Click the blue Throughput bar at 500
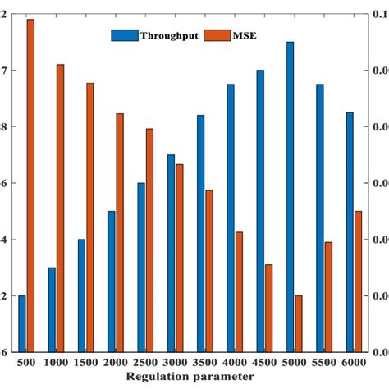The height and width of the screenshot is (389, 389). tap(22, 323)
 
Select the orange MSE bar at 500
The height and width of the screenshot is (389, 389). tap(30, 185)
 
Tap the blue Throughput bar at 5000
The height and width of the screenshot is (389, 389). tap(290, 197)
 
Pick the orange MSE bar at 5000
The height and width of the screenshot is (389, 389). tap(299, 323)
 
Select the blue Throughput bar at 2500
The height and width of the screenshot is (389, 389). tap(141, 267)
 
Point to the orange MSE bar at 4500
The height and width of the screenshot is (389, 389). tap(269, 308)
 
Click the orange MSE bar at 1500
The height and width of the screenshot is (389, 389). tap(90, 217)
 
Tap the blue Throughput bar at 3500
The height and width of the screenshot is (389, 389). tap(200, 233)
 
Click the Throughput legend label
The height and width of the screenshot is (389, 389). tap(169, 36)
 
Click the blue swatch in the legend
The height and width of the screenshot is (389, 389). tap(124, 36)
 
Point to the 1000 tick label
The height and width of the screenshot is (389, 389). tap(56, 362)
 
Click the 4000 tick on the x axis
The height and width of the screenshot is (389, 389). tap(235, 362)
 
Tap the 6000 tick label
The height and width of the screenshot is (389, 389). tap(354, 362)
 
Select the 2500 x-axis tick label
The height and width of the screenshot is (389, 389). tap(145, 362)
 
